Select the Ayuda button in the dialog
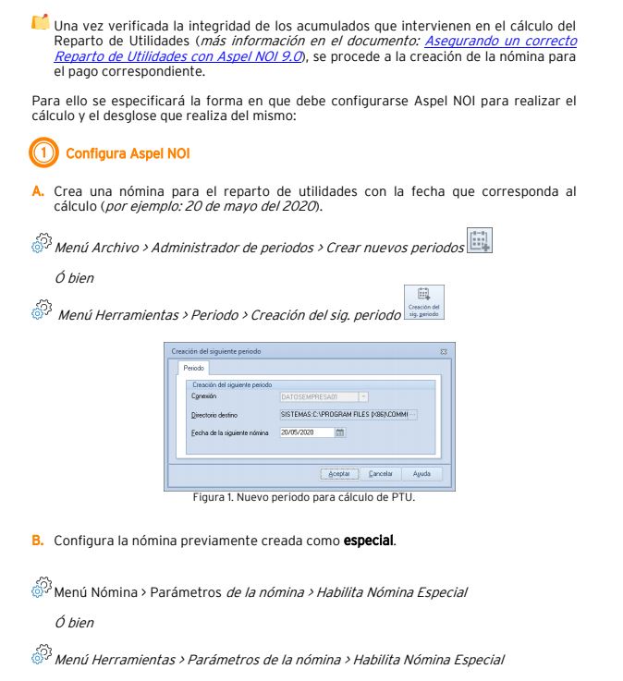tap(421, 474)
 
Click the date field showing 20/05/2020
tap(305, 432)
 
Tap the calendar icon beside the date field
tap(340, 432)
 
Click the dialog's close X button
tap(444, 352)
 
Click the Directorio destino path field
tap(348, 414)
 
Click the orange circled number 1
tap(43, 152)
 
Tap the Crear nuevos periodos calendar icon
tap(480, 241)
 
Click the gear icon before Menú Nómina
tap(40, 589)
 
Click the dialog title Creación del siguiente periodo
tap(216, 352)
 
